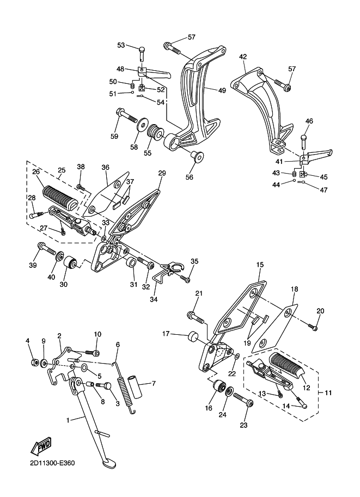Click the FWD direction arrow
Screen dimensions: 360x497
point(41,446)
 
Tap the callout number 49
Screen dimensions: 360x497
point(222,91)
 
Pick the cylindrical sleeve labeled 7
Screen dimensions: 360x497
point(135,387)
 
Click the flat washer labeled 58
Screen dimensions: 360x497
point(141,125)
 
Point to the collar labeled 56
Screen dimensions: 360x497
point(197,156)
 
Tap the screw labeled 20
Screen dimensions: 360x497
point(313,326)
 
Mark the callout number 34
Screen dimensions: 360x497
point(155,299)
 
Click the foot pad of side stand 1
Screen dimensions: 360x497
point(108,463)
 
